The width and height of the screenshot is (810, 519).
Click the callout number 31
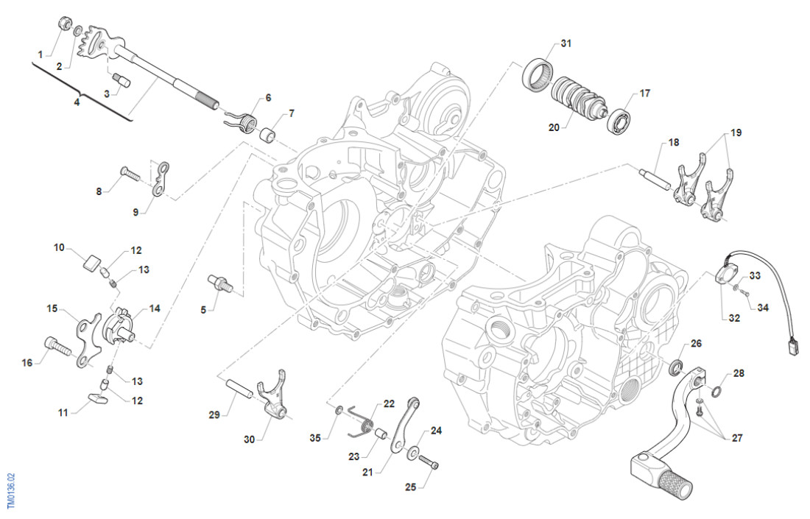[566, 43]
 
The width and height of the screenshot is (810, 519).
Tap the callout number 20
[554, 127]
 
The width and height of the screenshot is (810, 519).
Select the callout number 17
[645, 93]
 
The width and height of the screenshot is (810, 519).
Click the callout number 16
[28, 363]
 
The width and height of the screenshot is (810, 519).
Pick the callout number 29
[214, 416]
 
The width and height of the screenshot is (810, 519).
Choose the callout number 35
[315, 438]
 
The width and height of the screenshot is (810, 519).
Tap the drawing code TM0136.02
[11, 492]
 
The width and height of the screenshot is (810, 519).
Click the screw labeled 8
[129, 174]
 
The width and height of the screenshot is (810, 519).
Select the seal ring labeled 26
[677, 366]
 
